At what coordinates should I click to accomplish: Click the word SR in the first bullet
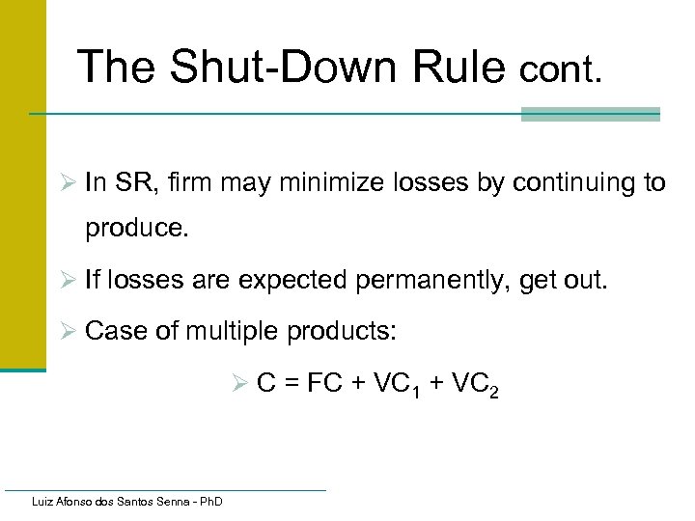[x=128, y=182]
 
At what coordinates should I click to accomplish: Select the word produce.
[x=131, y=230]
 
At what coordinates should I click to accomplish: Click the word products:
[x=343, y=332]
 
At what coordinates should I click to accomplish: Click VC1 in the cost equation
[x=388, y=384]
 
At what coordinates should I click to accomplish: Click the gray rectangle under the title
[x=590, y=114]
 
